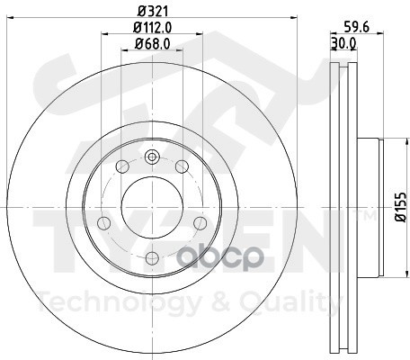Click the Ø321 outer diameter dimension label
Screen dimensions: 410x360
click(152, 12)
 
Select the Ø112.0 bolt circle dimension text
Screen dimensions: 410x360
click(152, 28)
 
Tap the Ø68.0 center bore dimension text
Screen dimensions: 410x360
click(152, 44)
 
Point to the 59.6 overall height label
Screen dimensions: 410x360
click(356, 27)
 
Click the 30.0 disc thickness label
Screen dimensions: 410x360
click(343, 43)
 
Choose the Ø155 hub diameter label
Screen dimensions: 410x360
click(400, 207)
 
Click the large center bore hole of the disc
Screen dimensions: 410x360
click(152, 207)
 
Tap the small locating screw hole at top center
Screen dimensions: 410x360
click(152, 157)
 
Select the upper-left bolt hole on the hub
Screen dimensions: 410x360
click(122, 166)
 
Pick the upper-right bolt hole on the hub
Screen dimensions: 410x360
click(182, 166)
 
